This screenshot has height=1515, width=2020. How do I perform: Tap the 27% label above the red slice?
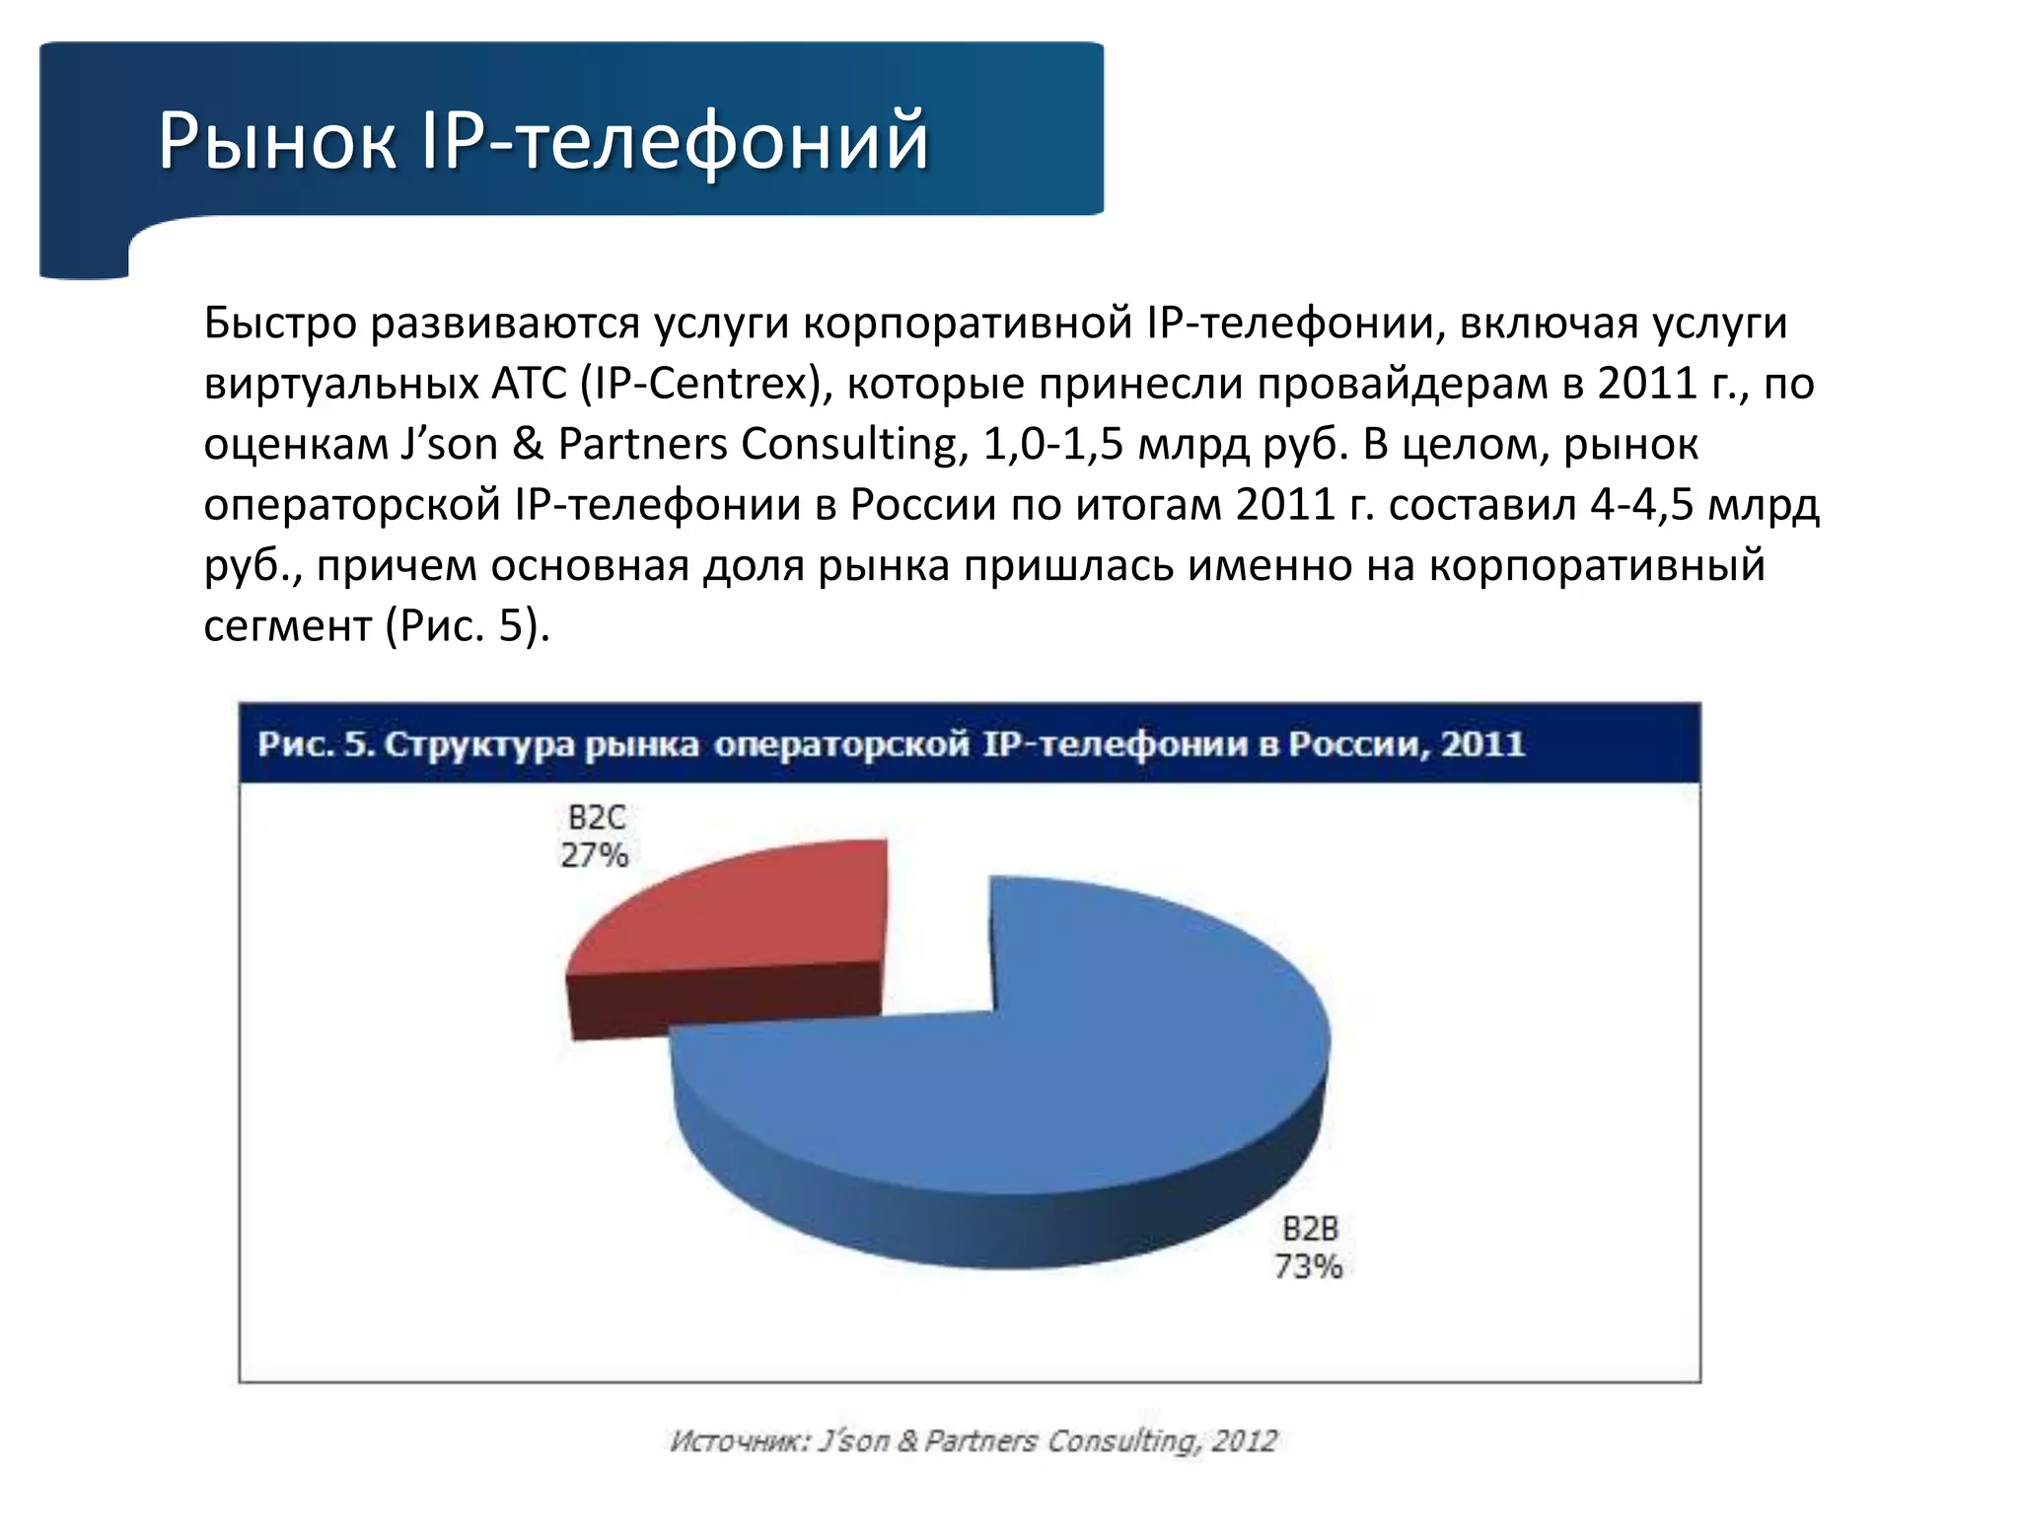coord(594,855)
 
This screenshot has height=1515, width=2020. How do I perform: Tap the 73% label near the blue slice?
coord(1308,1266)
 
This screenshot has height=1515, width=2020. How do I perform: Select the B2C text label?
coord(597,818)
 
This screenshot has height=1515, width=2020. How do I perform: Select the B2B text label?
coord(1310,1229)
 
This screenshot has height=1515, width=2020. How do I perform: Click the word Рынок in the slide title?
coord(277,140)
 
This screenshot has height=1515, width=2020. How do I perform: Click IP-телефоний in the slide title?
coord(675,140)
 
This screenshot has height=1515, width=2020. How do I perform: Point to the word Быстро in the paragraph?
coord(280,324)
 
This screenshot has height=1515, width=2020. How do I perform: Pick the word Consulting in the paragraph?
coord(848,444)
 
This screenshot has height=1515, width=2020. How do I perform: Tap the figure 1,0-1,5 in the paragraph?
coord(1053,444)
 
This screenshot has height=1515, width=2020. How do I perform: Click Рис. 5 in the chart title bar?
coord(316,744)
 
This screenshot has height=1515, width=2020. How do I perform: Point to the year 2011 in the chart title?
coord(1482,744)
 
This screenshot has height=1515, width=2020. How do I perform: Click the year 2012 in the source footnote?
coord(1245,1441)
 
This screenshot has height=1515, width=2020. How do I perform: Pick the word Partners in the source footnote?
coord(980,1441)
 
